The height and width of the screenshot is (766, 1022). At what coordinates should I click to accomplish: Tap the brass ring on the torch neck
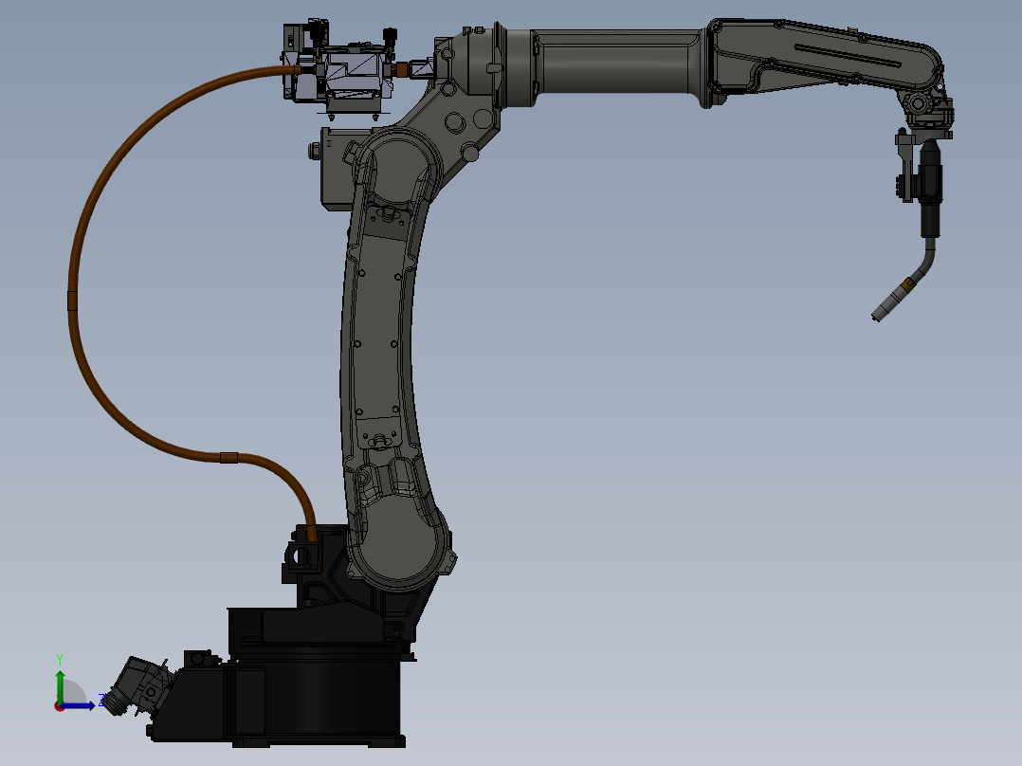pos(908,283)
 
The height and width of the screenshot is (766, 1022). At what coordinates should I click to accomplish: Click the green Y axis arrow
pos(60,684)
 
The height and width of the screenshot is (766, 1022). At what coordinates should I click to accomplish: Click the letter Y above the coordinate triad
pos(60,658)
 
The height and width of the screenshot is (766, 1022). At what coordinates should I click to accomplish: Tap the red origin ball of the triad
pos(60,705)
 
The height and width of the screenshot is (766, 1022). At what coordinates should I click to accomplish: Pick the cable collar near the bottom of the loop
pos(228,458)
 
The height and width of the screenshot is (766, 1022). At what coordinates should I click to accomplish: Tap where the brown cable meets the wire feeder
pos(297,69)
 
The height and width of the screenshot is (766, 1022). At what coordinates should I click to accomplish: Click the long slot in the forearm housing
pos(849,57)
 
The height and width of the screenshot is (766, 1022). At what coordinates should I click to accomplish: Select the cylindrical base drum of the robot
pos(322,697)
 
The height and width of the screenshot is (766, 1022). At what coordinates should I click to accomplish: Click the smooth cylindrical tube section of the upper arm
pos(616,68)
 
